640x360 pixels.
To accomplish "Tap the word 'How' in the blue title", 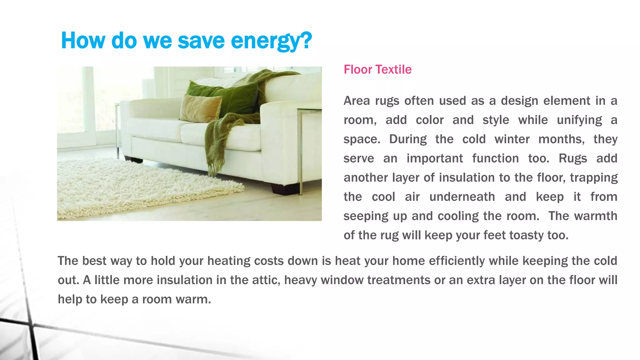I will pos(83,41).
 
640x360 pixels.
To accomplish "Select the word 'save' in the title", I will pos(201,41).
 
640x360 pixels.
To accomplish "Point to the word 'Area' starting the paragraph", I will pos(357,101).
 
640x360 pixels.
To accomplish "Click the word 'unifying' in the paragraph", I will pos(579,120).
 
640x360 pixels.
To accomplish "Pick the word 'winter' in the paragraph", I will pos(512,139).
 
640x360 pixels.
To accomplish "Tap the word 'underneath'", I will pos(462,197).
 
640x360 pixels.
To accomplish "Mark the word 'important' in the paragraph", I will pos(434,158).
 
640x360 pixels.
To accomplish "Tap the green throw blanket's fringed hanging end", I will pos(215,156).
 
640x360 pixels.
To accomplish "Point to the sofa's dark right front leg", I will pos(284,189).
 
